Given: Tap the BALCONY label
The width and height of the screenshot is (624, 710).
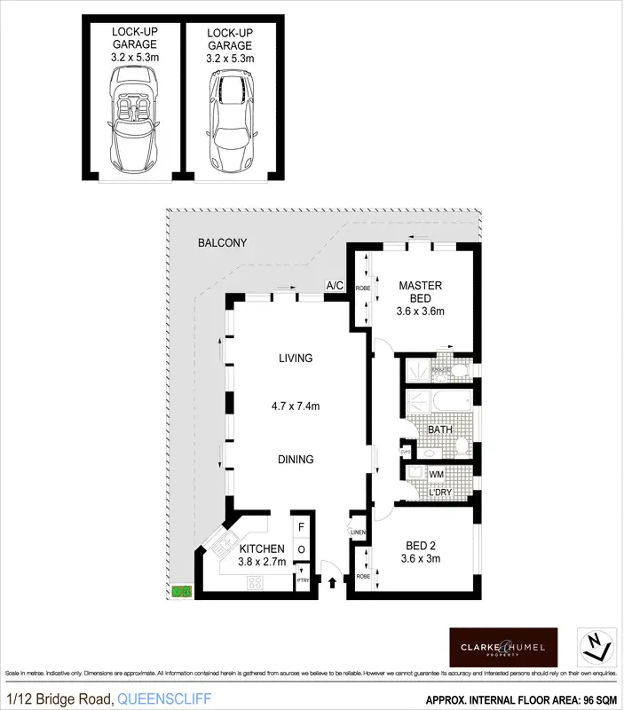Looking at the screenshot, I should [x=222, y=242].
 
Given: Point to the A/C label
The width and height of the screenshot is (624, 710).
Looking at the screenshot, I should [x=336, y=286].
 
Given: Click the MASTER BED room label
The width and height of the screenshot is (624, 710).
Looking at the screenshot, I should [x=420, y=292].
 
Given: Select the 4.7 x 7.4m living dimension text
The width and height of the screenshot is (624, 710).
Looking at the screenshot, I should [x=296, y=406].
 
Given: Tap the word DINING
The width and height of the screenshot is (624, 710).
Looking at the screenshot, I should [x=296, y=459].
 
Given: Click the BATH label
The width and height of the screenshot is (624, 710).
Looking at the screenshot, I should [x=440, y=430].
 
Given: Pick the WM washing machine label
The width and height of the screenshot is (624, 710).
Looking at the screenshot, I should [x=436, y=475].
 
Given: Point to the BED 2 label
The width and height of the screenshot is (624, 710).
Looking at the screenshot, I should [x=421, y=545].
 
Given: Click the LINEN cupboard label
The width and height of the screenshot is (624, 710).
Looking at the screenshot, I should [x=358, y=532].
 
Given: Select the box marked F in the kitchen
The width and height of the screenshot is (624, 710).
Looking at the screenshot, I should [x=301, y=526].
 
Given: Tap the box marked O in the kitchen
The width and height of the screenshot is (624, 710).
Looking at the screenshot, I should [x=301, y=550].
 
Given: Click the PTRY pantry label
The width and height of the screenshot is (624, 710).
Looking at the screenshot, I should [x=303, y=580].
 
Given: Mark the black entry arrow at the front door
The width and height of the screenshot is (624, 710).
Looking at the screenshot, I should [x=333, y=583].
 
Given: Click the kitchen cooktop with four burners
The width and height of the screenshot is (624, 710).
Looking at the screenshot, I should [x=256, y=582].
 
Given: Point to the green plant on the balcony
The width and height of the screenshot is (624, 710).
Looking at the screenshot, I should [x=181, y=590].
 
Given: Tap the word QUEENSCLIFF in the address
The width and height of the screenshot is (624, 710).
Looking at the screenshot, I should [x=164, y=700].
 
